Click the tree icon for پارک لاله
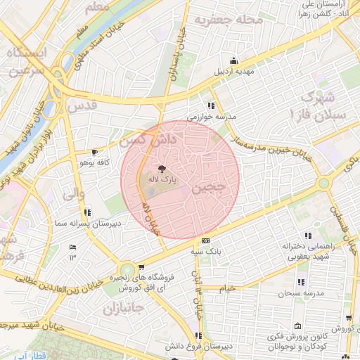click(162, 169)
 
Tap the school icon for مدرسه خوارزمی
click(211, 105)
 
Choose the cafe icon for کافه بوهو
click(95, 152)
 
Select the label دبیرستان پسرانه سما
click(83, 222)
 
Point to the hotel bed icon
click(73, 247)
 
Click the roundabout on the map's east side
click(323, 183)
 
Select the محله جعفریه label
click(221, 19)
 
